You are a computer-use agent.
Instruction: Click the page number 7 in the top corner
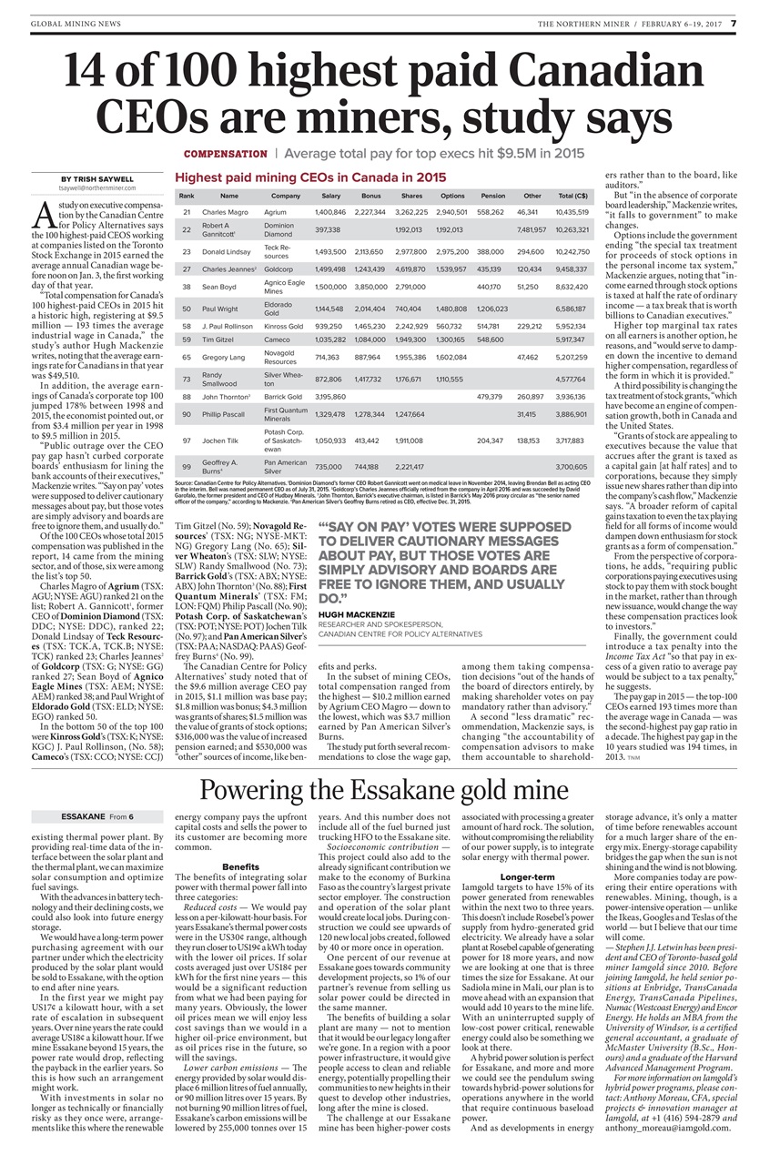click(x=745, y=23)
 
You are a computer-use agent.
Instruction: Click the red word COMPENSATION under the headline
click(x=225, y=154)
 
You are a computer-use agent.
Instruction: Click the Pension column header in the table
click(x=492, y=196)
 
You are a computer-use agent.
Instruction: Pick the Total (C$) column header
click(x=572, y=196)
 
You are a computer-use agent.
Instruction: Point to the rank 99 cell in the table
click(x=186, y=466)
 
